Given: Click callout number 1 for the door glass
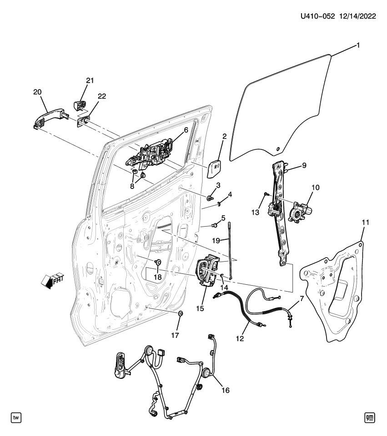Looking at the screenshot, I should click(358, 45).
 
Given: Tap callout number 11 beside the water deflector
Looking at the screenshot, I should click(365, 223).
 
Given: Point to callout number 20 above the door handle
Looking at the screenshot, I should click(37, 92).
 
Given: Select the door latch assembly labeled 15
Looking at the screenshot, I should click(209, 271).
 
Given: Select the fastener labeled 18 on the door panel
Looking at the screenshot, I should click(159, 262).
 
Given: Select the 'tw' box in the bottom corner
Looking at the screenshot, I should click(16, 417).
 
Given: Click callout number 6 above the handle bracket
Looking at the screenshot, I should click(186, 130).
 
